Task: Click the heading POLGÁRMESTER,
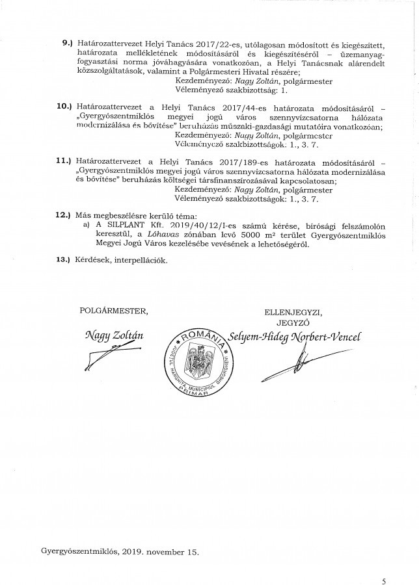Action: point(109,312)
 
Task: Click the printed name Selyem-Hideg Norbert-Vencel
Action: point(293,337)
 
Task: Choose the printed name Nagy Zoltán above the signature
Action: point(109,336)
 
